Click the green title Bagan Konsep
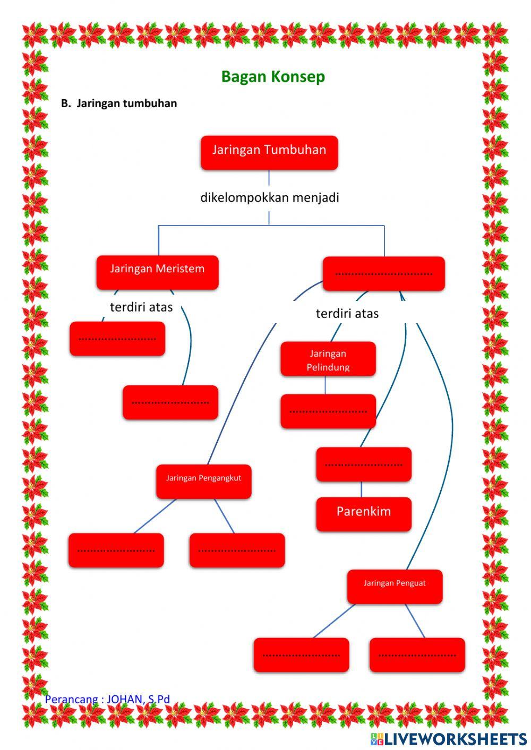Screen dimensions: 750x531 [273, 76]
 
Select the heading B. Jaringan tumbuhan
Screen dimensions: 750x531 [119, 104]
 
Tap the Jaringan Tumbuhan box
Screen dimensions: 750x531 [269, 152]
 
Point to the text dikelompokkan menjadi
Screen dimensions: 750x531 [269, 197]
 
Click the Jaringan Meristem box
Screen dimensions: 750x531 [157, 272]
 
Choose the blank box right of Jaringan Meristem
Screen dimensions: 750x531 [383, 273]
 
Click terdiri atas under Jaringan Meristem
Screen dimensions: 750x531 [141, 307]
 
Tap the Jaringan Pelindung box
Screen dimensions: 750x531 [328, 359]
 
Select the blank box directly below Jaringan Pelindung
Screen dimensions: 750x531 [328, 411]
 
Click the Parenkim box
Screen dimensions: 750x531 [363, 514]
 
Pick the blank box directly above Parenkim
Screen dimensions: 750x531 [363, 464]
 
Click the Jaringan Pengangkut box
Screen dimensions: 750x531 [203, 481]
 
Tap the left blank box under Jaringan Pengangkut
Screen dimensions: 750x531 [116, 550]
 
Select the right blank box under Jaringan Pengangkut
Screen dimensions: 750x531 [237, 550]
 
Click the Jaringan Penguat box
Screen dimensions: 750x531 [395, 586]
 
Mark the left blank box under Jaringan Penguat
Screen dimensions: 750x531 [301, 654]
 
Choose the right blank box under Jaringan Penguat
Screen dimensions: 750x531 [417, 654]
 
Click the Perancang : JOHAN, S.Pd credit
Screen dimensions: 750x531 [107, 699]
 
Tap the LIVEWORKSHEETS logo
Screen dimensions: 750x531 [449, 738]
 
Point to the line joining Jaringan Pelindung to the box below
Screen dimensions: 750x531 [325, 385]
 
